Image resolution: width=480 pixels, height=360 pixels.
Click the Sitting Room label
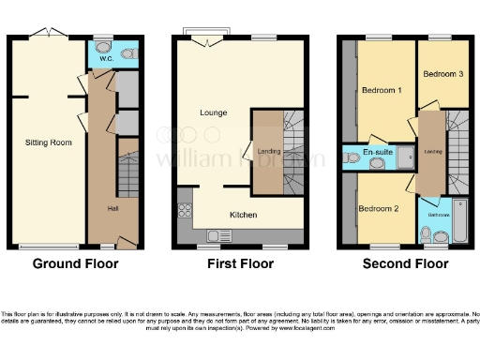click(x=48, y=142)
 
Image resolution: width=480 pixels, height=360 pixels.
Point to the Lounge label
click(x=213, y=112)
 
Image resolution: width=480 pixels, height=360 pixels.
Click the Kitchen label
click(x=244, y=215)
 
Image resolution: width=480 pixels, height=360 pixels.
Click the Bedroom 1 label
click(x=382, y=91)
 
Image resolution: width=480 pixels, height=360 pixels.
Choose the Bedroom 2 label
click(x=379, y=208)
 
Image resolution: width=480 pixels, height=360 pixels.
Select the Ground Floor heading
click(x=76, y=264)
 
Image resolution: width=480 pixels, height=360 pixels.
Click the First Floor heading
click(x=239, y=264)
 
